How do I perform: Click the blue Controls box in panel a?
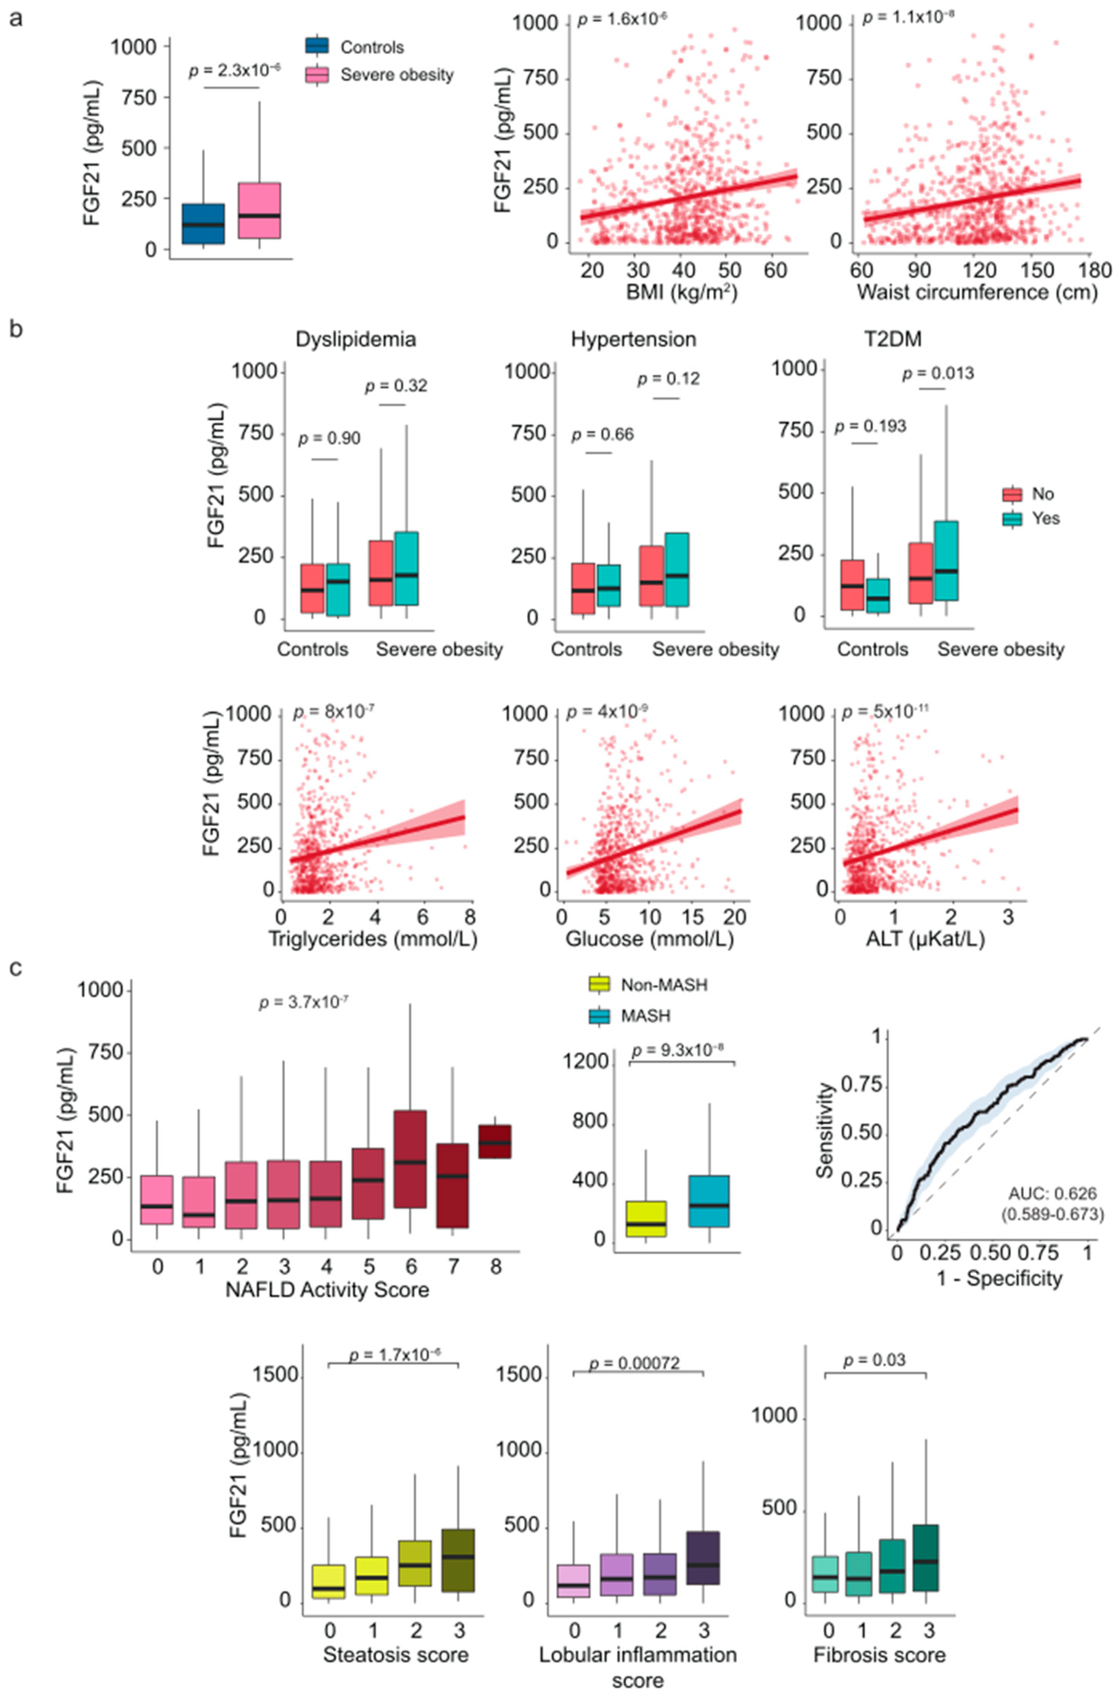tap(204, 224)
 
